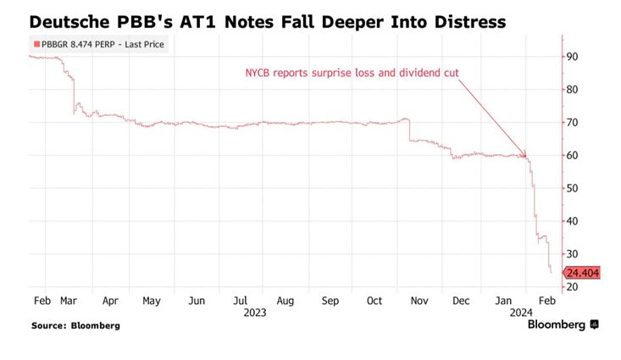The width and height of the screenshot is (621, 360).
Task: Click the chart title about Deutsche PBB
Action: [x=268, y=21]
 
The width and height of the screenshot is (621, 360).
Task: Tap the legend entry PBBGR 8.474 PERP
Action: [x=98, y=44]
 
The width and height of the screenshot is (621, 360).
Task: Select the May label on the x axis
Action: [x=151, y=300]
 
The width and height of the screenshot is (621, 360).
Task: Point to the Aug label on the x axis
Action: [x=285, y=300]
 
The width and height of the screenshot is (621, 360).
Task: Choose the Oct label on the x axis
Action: [x=374, y=300]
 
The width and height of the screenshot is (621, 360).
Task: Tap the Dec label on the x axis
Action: [x=462, y=300]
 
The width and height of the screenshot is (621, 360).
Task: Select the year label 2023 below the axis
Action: [x=254, y=312]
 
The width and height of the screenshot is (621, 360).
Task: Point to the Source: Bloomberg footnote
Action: [x=75, y=325]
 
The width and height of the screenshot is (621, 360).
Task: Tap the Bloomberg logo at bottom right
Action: [x=563, y=324]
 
